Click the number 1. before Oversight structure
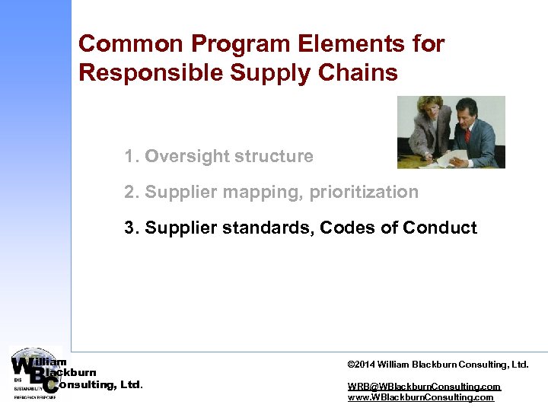[x=132, y=156]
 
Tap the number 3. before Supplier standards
[x=132, y=228]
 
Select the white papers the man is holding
[x=457, y=155]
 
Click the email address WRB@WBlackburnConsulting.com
[x=424, y=387]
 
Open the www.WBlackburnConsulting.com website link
[x=420, y=397]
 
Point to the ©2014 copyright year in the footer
[x=362, y=365]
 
